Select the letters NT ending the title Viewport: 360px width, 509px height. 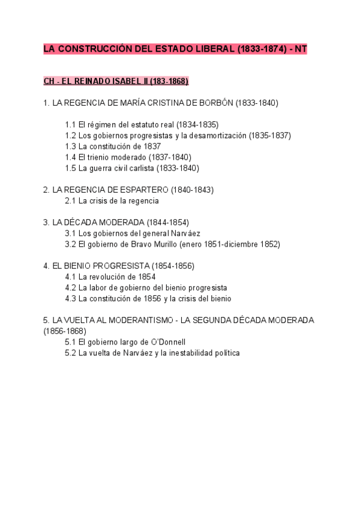(299, 50)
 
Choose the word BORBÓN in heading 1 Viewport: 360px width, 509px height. (218, 103)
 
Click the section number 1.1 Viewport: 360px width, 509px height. (70, 125)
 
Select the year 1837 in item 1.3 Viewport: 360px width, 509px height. (152, 146)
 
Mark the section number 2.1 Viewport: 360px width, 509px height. (70, 201)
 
